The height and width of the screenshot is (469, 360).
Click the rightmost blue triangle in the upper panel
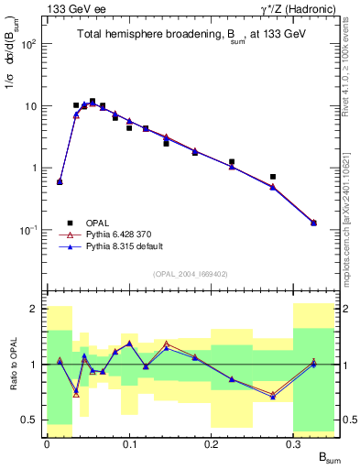pyautogui.click(x=313, y=223)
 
